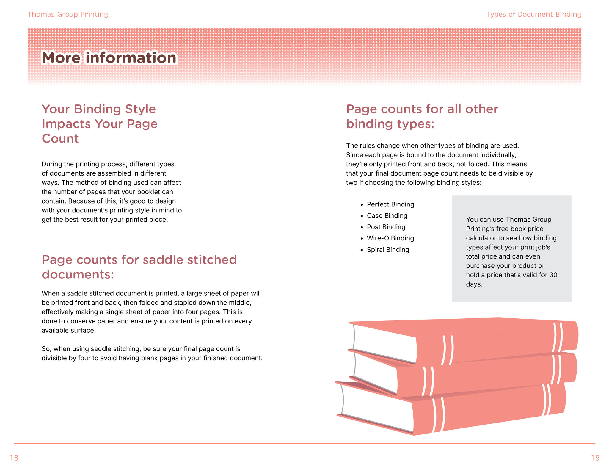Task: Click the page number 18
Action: coord(14,458)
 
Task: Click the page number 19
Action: coord(595,458)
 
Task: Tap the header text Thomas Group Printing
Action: coord(68,14)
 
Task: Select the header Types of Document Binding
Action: coord(533,14)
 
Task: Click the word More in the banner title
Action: coord(61,58)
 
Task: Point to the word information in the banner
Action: coord(131,58)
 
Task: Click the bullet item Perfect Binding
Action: coord(390,204)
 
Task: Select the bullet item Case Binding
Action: coord(387,216)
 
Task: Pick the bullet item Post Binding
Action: coord(386,227)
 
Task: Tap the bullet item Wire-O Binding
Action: coord(390,238)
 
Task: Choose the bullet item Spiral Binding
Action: coord(388,250)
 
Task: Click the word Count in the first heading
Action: coord(60,139)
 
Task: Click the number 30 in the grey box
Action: coord(553,275)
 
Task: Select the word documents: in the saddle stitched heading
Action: coord(78,275)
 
